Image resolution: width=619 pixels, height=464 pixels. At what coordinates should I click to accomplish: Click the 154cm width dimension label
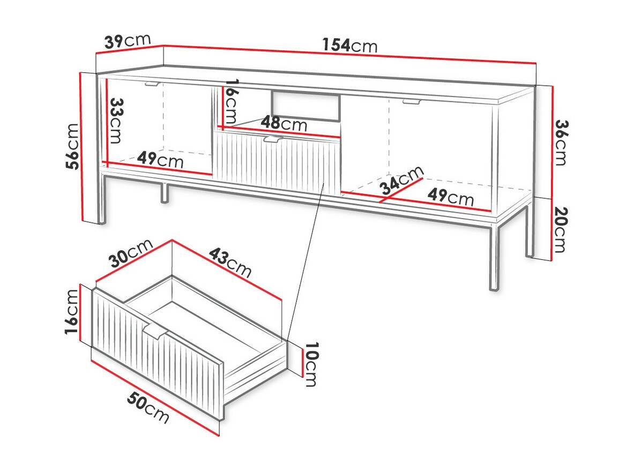(350, 46)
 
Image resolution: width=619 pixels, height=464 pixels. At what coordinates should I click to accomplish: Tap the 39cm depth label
(128, 41)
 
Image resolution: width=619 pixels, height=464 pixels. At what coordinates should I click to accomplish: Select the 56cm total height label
(73, 146)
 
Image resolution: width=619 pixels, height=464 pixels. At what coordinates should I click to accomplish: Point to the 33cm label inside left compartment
(116, 121)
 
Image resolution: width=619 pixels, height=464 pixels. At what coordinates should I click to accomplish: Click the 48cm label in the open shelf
(284, 123)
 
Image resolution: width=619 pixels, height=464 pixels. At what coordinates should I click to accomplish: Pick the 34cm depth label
(402, 181)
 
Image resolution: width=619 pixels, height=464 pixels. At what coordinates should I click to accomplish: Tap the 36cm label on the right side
(561, 143)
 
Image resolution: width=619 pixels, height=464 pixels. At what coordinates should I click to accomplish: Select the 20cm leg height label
(560, 229)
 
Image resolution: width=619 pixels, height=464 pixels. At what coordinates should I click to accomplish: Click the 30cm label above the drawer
(130, 254)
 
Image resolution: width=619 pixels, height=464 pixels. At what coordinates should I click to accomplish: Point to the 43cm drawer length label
(230, 262)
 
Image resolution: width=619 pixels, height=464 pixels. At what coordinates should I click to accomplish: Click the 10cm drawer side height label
(311, 364)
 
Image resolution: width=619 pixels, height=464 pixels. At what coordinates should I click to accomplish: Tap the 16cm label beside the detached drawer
(72, 312)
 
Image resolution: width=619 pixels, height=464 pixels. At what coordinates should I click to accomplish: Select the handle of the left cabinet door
(152, 84)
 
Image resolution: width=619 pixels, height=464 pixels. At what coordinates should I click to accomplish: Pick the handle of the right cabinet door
(412, 102)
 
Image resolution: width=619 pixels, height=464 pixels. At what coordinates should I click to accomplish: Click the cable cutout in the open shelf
(305, 106)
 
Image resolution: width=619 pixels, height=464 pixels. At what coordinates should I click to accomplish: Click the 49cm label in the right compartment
(451, 197)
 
